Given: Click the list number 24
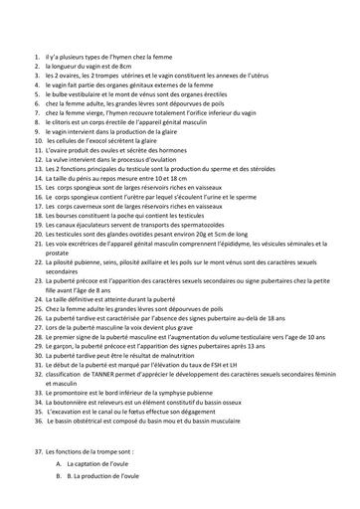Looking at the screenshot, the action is pos(37,298).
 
